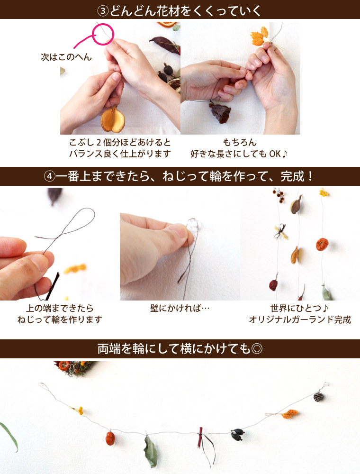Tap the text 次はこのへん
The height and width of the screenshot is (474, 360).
click(x=65, y=57)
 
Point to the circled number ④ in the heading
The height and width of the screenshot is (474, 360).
click(x=50, y=177)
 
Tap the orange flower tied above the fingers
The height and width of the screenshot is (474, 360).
click(x=259, y=35)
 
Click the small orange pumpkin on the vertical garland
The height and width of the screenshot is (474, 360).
click(x=323, y=245)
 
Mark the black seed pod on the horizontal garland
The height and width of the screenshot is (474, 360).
click(x=237, y=434)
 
